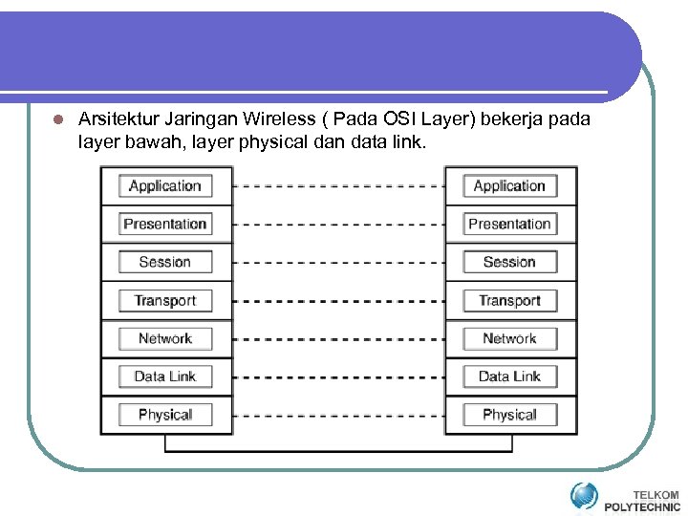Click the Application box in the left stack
(x=165, y=186)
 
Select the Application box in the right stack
(x=509, y=186)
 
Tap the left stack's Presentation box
(x=165, y=225)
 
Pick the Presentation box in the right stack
(x=509, y=225)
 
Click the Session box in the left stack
(x=165, y=262)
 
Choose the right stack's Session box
(x=509, y=262)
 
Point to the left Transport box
(x=165, y=300)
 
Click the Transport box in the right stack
(x=509, y=300)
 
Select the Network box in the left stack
(x=165, y=338)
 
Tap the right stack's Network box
(x=509, y=338)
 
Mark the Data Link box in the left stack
(x=165, y=376)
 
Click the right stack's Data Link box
(x=509, y=376)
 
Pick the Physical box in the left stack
(x=165, y=415)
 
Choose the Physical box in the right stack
(x=509, y=415)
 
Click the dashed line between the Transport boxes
(x=338, y=300)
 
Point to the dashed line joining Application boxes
(x=338, y=186)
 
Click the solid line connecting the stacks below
(x=338, y=450)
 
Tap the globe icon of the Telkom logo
(x=584, y=496)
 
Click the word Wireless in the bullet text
(x=279, y=119)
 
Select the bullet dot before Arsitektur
(x=56, y=120)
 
